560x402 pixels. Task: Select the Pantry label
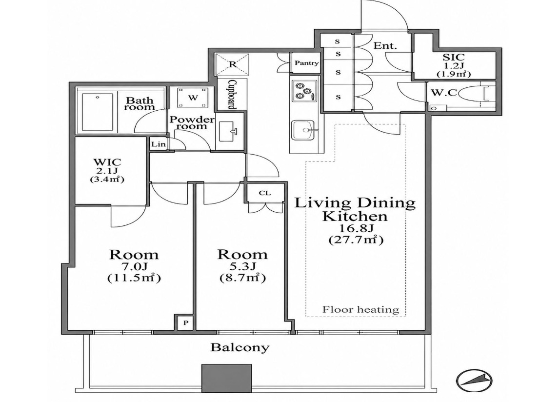point(306,63)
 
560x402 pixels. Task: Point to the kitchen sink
point(303,130)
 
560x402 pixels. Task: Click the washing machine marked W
point(193,98)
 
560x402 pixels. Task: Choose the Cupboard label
point(232,94)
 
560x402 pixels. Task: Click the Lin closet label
point(158,144)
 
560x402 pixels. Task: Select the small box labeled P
point(186,323)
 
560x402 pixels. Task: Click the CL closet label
point(265,193)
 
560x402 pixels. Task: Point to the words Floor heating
point(360,309)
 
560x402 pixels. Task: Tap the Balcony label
point(240,347)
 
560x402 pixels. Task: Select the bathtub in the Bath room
point(98,112)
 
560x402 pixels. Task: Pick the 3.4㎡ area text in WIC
point(107,180)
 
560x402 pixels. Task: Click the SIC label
point(454,57)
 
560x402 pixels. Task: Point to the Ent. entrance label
point(385,46)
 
